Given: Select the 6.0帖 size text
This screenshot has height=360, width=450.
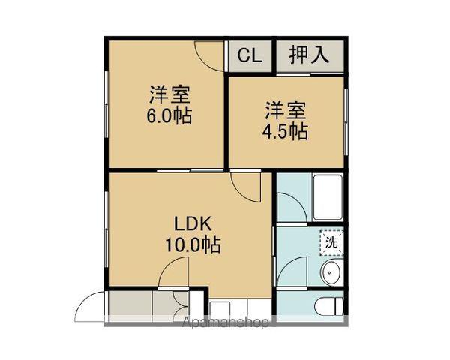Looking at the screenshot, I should click(x=169, y=117).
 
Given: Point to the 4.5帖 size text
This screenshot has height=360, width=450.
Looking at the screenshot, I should click(x=285, y=132).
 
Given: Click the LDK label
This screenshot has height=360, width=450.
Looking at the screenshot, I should click(x=194, y=223).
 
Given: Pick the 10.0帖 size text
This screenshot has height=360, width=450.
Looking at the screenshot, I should click(x=194, y=244).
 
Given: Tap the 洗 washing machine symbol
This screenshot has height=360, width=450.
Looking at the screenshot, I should click(x=331, y=241).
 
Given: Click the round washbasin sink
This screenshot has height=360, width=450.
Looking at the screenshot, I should click(x=330, y=272).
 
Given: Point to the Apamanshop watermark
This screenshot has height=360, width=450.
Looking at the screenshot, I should click(x=225, y=323).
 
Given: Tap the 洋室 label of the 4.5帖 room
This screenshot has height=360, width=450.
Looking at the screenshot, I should click(x=285, y=111).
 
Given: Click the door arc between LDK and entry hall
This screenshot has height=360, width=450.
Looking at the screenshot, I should click(x=175, y=274).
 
